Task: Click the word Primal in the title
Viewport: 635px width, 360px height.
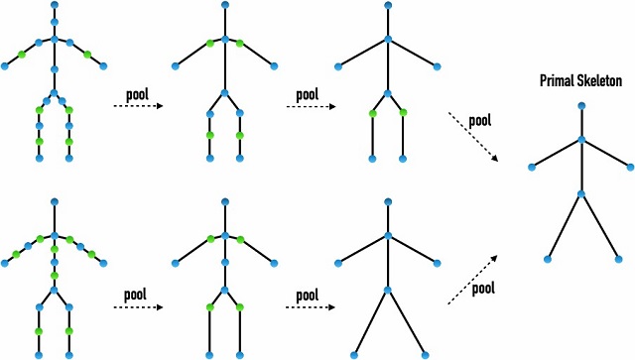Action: tap(554, 80)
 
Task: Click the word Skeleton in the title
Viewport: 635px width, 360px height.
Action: tap(596, 80)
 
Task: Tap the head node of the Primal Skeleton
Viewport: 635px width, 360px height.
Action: tap(581, 106)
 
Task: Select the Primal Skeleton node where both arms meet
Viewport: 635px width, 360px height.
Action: tap(581, 140)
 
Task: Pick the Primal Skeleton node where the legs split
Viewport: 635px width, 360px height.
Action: tap(581, 194)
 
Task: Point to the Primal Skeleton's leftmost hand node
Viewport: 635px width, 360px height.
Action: tap(532, 168)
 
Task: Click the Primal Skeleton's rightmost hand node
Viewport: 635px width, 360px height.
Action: tap(631, 167)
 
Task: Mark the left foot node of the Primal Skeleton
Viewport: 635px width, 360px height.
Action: tap(548, 259)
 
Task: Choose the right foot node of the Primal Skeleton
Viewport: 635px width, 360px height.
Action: tap(618, 259)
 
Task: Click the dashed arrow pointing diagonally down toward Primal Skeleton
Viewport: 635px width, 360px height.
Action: tap(473, 137)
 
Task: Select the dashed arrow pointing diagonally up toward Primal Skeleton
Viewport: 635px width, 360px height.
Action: tap(472, 280)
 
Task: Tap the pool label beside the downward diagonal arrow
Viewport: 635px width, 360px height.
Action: tap(480, 121)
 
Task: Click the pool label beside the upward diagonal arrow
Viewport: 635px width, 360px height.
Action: tap(483, 289)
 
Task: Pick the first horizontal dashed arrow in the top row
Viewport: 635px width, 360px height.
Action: tap(138, 106)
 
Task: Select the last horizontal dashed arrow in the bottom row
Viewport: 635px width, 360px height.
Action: tap(311, 307)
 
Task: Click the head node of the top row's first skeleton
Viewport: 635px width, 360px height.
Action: tap(55, 5)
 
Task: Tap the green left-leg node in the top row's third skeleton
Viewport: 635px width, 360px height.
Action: tap(373, 114)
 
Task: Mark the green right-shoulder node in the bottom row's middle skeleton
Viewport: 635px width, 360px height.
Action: tap(240, 240)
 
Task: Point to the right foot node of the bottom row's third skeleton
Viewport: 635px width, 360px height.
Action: tap(425, 356)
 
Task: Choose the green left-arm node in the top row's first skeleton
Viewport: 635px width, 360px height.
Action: tap(22, 55)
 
